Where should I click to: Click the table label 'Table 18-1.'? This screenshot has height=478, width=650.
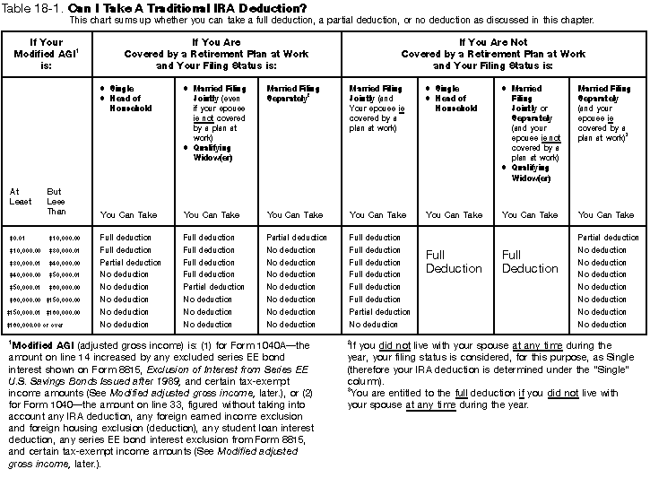32,8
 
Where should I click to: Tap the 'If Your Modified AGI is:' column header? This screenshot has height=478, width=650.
47,54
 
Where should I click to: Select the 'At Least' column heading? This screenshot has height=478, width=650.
20,196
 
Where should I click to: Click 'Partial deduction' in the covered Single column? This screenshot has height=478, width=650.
131,263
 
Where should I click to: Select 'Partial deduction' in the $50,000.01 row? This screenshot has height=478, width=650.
213,287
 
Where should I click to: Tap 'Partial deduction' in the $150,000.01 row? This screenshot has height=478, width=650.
379,312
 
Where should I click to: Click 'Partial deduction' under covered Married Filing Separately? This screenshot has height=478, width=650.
297,238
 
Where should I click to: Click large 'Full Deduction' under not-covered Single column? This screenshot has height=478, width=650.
454,262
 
